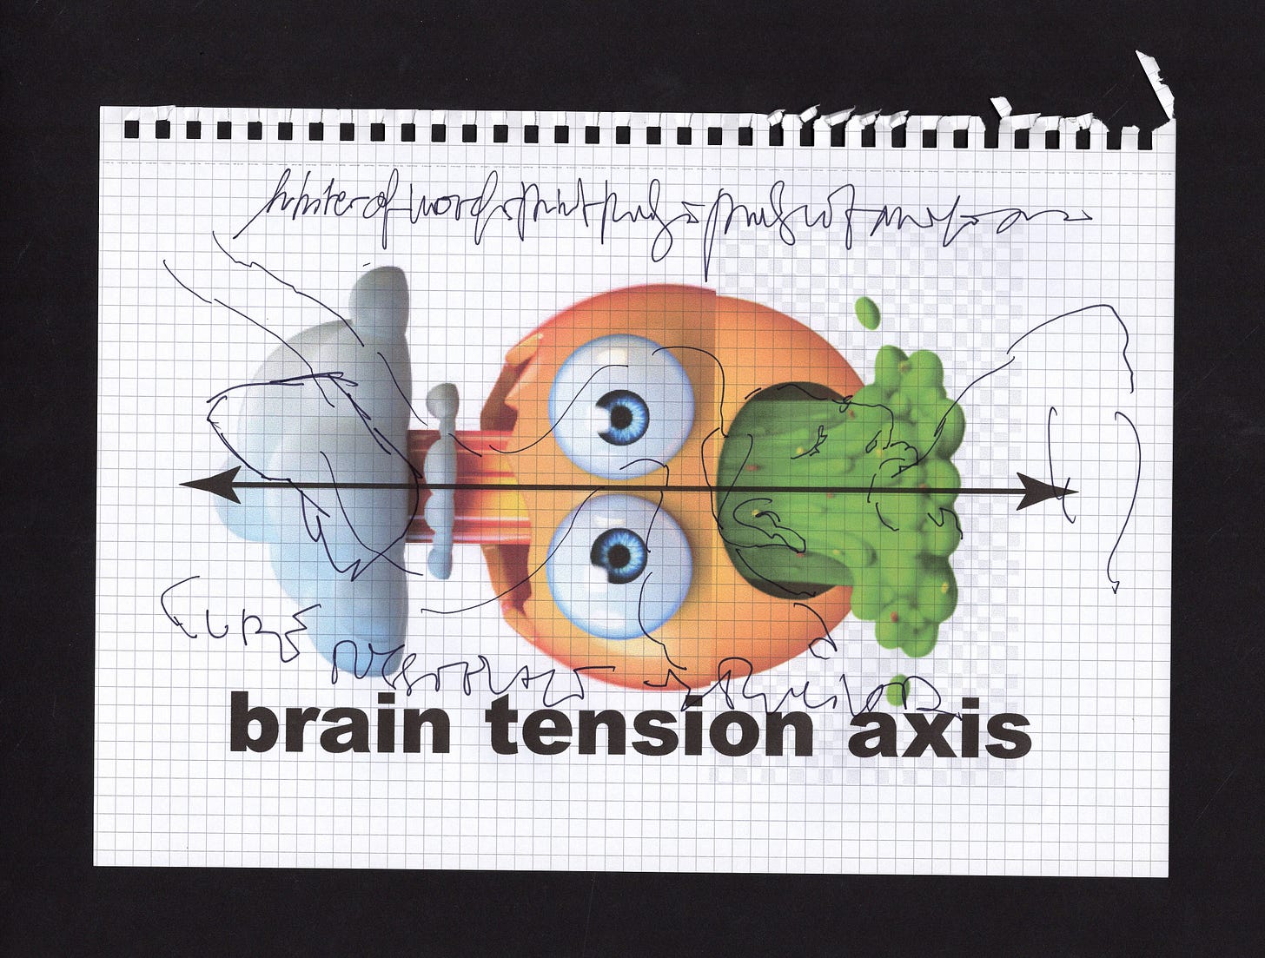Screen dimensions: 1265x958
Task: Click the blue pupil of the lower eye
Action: [x=619, y=552]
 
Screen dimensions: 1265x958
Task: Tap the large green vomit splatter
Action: [x=912, y=486]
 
